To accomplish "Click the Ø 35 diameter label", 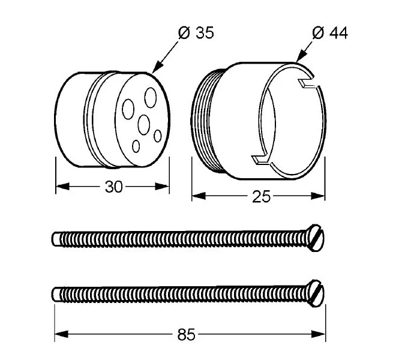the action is (196, 33).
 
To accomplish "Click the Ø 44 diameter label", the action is (330, 33).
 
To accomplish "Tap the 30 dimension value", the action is (113, 187).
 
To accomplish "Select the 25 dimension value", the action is (261, 196).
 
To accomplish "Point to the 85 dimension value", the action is (186, 334).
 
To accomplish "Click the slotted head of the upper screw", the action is (316, 238).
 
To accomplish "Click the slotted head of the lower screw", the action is (316, 293).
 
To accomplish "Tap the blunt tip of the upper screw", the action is (56, 238).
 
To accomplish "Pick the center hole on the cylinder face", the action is (144, 125).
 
